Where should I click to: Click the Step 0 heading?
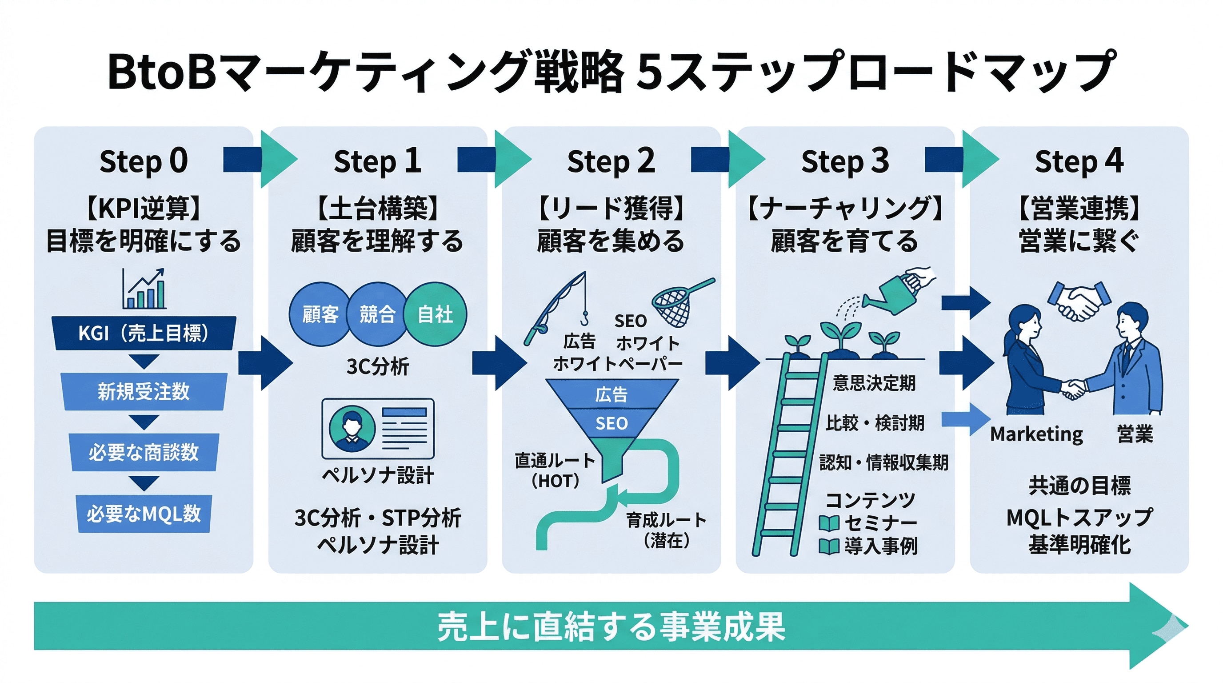[x=144, y=161]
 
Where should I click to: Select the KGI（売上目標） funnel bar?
[x=144, y=333]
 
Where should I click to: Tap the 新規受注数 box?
[x=144, y=392]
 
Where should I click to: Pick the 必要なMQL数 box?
[x=144, y=514]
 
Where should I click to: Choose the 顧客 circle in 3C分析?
[x=320, y=314]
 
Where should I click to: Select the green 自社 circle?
[x=435, y=314]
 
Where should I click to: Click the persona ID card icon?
[x=378, y=428]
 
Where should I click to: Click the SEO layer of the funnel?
[x=611, y=423]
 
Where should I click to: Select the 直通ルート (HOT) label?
[x=555, y=470]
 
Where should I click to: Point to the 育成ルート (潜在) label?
[x=666, y=530]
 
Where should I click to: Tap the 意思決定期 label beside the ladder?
[x=874, y=383]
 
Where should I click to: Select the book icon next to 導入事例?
[x=829, y=546]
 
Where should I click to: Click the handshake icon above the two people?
[x=1079, y=301]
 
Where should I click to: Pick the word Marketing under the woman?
[x=1036, y=434]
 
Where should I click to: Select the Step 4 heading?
[x=1079, y=161]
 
